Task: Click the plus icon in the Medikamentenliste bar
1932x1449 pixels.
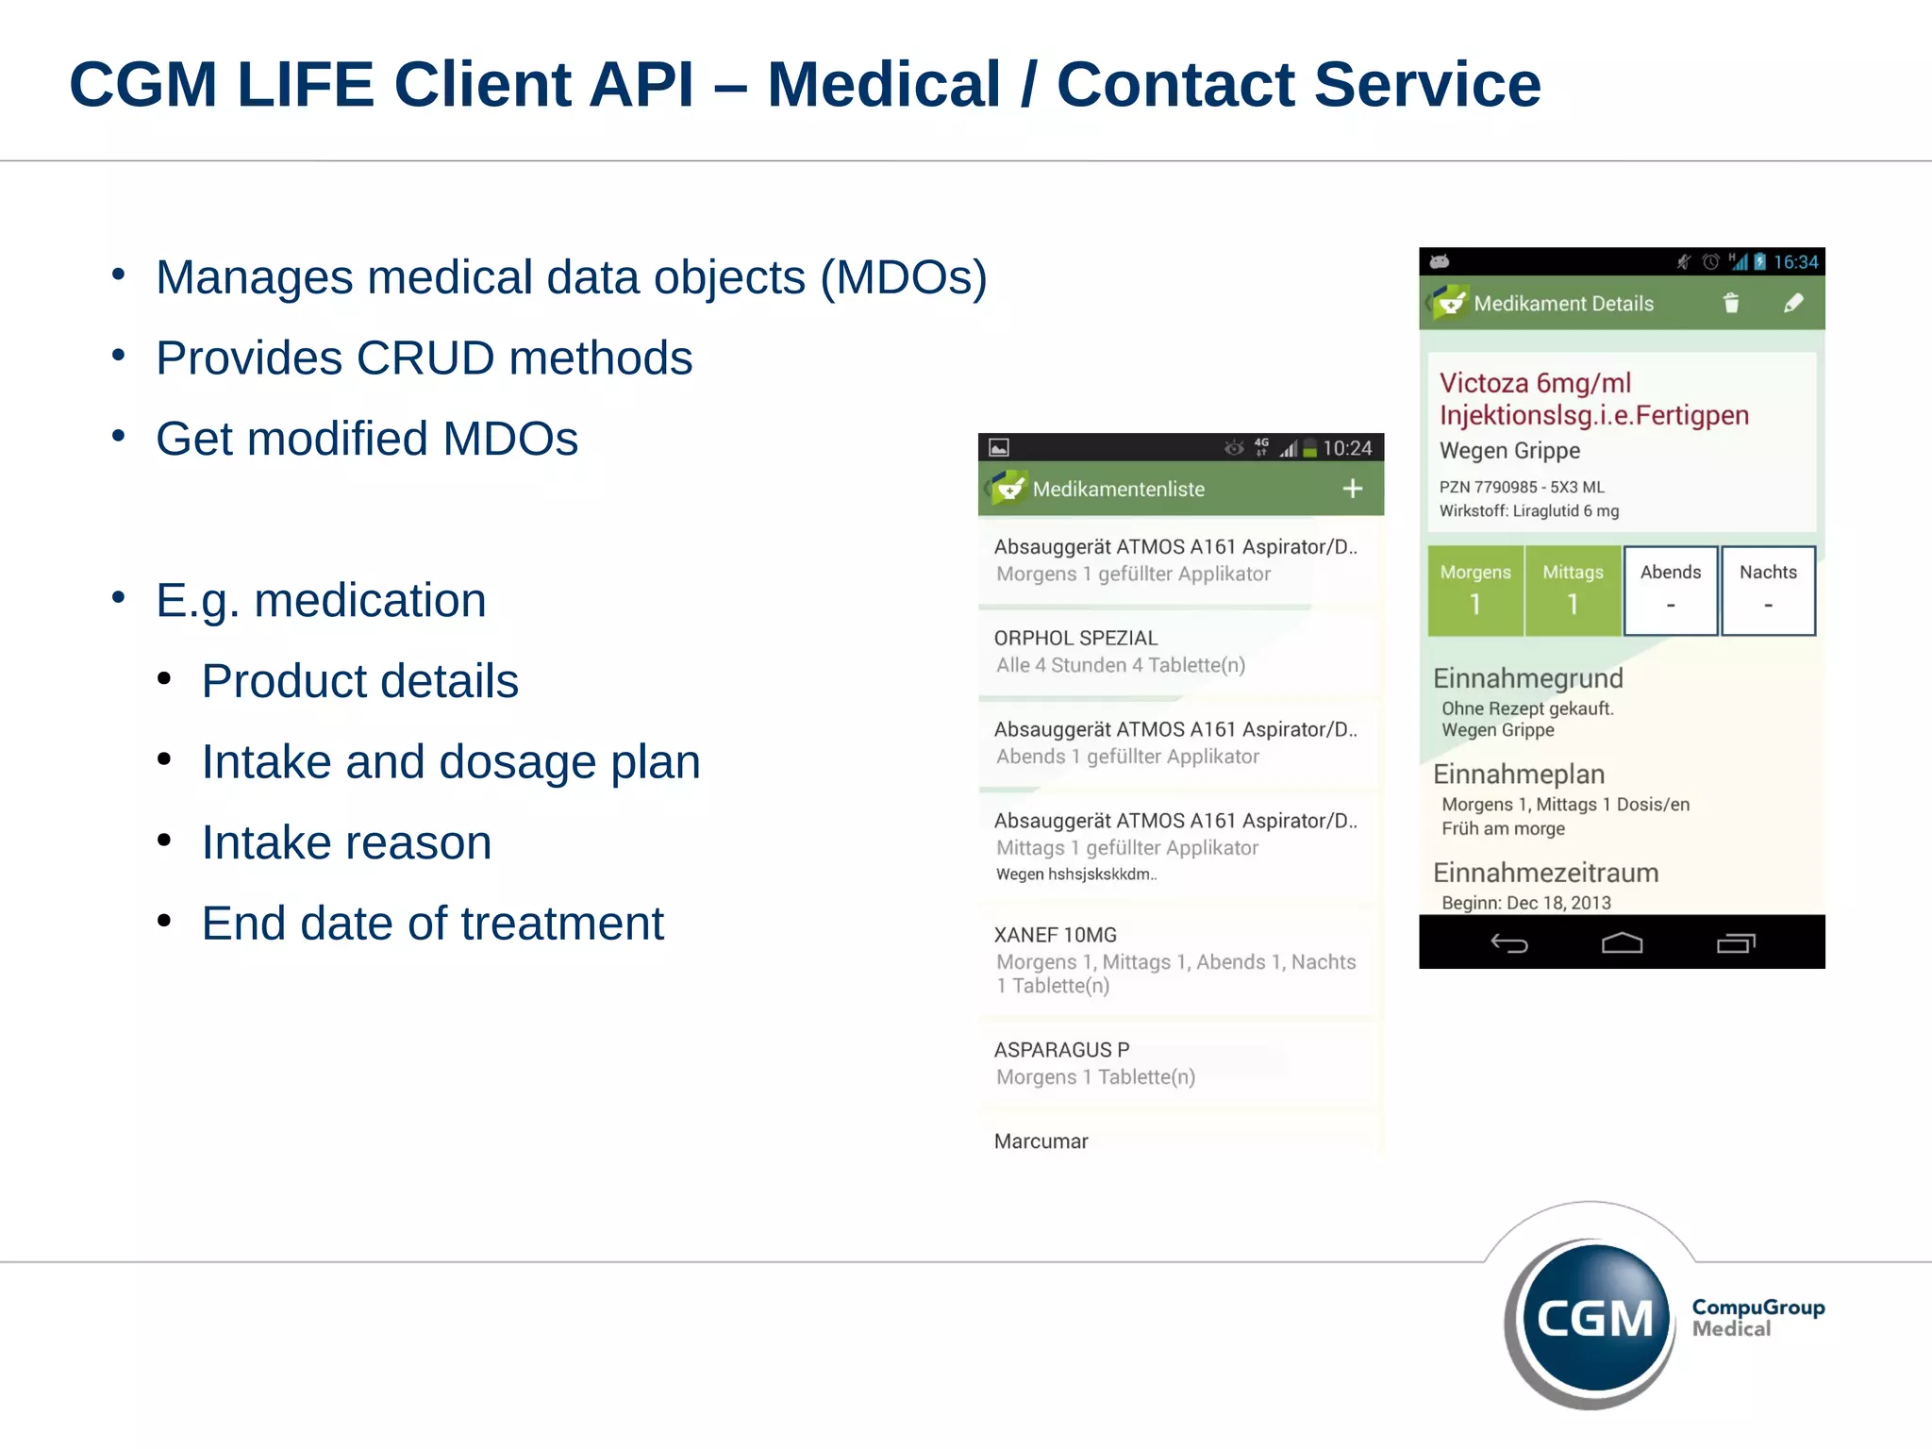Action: pyautogui.click(x=1352, y=489)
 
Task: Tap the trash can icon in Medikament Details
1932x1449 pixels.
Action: pyautogui.click(x=1730, y=303)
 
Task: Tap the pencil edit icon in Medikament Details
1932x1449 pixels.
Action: pyautogui.click(x=1793, y=303)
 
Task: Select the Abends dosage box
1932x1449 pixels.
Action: pyautogui.click(x=1670, y=591)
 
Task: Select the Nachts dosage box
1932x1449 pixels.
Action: pyautogui.click(x=1768, y=591)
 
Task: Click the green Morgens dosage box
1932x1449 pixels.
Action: pyautogui.click(x=1475, y=591)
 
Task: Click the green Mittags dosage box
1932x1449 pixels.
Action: pyautogui.click(x=1573, y=591)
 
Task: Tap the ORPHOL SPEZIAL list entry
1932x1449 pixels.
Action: pyautogui.click(x=1179, y=651)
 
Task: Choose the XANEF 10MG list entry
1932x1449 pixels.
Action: pyautogui.click(x=1179, y=959)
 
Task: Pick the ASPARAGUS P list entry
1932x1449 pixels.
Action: pyautogui.click(x=1179, y=1063)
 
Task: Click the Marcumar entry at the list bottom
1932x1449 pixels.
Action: pyautogui.click(x=1041, y=1141)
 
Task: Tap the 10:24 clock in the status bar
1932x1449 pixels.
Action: pyautogui.click(x=1346, y=449)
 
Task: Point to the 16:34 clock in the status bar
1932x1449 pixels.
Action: pyautogui.click(x=1795, y=262)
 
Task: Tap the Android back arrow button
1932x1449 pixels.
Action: pyautogui.click(x=1508, y=943)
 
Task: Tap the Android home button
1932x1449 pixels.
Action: pyautogui.click(x=1622, y=943)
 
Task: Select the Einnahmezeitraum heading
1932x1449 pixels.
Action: pyautogui.click(x=1545, y=873)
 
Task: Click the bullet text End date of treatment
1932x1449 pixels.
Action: pyautogui.click(x=432, y=924)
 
